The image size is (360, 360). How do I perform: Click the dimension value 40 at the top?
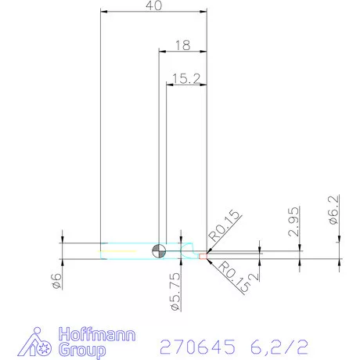coord(154,6)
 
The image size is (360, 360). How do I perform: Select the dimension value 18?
coord(182,46)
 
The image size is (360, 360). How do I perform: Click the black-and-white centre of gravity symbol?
coord(159,250)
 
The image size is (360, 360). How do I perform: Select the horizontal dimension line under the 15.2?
coord(186,85)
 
